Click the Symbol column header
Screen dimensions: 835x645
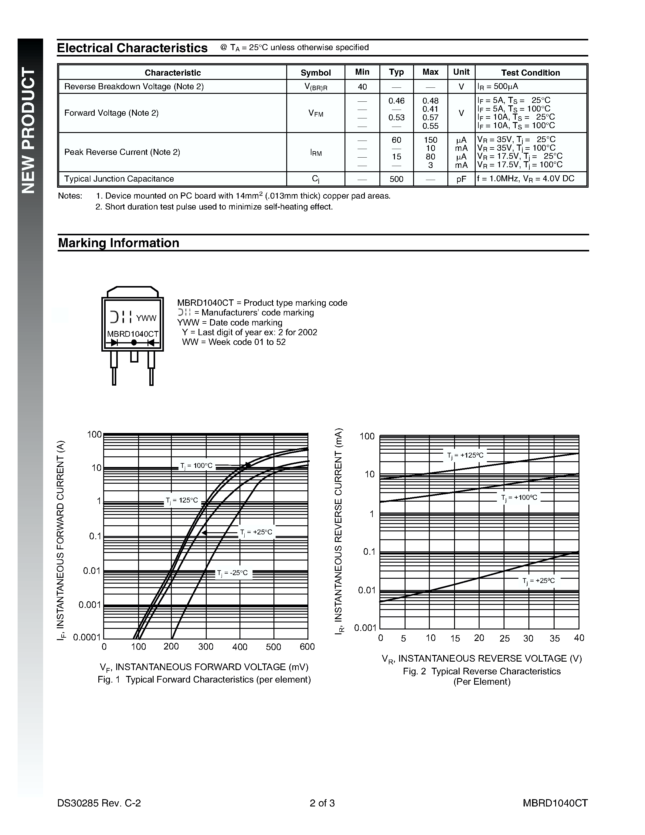[315, 73]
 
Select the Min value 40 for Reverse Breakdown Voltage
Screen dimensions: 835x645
[362, 87]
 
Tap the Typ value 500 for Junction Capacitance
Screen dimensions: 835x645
[396, 179]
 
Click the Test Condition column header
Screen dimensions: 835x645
[530, 73]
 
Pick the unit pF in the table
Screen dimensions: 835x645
[461, 179]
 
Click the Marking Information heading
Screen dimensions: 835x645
[118, 243]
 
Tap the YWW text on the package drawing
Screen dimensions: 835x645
[146, 318]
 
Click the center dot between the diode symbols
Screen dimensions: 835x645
[134, 343]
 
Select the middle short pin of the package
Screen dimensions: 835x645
[134, 356]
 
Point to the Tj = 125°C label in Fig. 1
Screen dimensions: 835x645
[182, 500]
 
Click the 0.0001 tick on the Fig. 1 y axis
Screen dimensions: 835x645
[87, 637]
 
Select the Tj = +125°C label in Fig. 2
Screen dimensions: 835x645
[465, 455]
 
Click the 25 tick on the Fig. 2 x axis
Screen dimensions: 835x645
[504, 638]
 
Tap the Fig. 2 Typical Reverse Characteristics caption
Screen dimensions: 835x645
[481, 671]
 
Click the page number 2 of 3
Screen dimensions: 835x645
[322, 803]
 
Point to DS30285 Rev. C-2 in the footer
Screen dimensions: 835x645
[99, 803]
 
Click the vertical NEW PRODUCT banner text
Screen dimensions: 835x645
[29, 130]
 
